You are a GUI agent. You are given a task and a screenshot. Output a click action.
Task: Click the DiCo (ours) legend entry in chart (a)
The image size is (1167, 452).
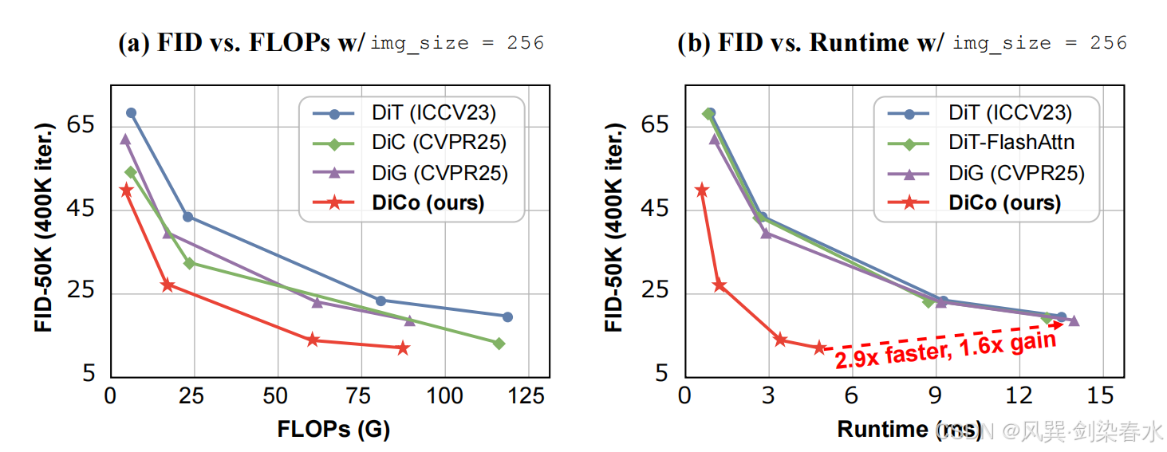(x=428, y=202)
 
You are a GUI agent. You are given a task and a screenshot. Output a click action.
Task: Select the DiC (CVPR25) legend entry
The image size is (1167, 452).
(x=439, y=143)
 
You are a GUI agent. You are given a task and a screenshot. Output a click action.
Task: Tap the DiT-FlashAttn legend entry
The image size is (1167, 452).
(x=1011, y=143)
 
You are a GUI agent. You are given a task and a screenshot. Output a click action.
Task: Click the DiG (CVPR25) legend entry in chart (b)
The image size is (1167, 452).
(x=1016, y=173)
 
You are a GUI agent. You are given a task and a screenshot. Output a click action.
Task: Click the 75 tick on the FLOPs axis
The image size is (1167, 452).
(x=361, y=395)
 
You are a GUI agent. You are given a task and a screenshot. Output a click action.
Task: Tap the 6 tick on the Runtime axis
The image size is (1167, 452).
(x=851, y=395)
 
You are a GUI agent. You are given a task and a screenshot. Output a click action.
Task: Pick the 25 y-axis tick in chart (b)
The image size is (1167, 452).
(x=656, y=292)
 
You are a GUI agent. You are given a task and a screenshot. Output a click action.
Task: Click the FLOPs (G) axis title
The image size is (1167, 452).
(x=333, y=429)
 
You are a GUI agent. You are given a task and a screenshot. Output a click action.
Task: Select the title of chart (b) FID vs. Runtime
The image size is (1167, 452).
(x=901, y=43)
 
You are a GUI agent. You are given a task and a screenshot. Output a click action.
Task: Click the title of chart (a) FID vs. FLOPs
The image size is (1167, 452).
(x=331, y=43)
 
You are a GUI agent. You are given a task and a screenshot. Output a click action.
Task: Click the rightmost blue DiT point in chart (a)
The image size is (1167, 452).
(x=507, y=316)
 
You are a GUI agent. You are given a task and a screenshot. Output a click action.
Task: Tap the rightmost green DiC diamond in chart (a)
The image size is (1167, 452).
(x=499, y=344)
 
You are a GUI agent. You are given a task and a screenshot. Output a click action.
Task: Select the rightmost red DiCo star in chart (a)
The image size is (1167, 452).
(x=403, y=348)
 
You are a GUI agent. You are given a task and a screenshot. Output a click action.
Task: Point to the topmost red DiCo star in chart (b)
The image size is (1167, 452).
(x=702, y=190)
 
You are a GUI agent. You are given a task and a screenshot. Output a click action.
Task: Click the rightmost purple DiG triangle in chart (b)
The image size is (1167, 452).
(x=1074, y=321)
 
